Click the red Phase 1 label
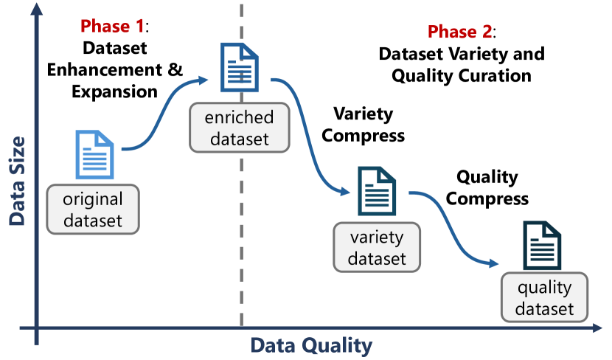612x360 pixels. (111, 26)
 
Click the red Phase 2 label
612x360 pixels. (461, 32)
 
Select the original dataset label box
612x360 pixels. (93, 209)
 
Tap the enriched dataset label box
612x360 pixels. (240, 128)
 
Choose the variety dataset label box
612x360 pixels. (377, 247)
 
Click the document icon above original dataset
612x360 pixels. (94, 154)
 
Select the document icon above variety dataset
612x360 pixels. (377, 190)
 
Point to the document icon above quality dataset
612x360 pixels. (542, 246)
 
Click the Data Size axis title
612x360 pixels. (17, 181)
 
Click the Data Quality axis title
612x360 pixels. (310, 345)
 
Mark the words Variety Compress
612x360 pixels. (364, 125)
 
